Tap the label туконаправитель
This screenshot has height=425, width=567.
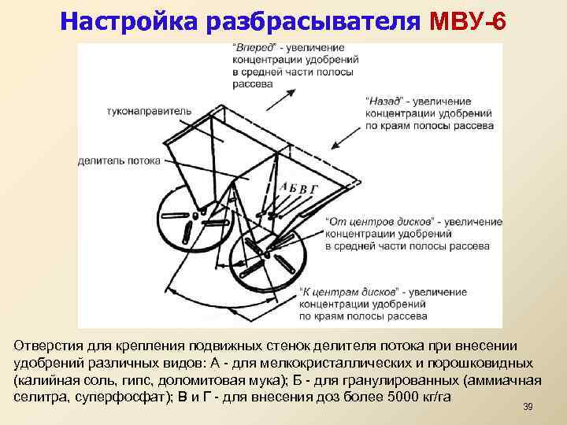coord(149,112)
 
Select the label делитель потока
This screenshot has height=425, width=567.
coord(119,161)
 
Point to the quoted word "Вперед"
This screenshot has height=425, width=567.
coord(250,48)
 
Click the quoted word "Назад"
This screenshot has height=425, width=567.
coord(384,102)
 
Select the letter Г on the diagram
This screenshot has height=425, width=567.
coord(314,189)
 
